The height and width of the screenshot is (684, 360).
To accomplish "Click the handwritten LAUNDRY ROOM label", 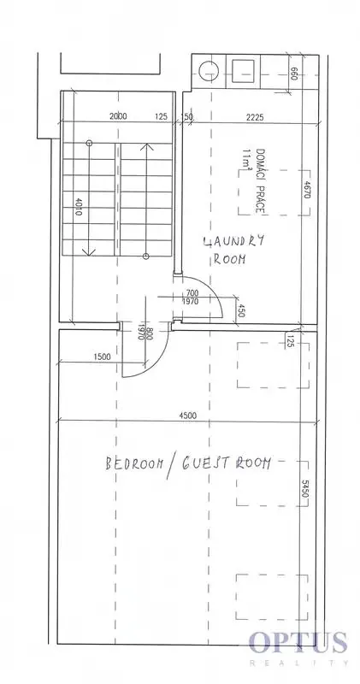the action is [x=233, y=249].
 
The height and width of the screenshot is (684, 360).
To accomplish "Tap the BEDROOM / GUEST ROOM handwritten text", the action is [x=187, y=463].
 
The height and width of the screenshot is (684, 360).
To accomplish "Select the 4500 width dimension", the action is [x=187, y=416].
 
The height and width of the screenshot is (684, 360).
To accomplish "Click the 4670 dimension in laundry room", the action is [x=306, y=190].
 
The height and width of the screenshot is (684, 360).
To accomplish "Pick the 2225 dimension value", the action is [x=255, y=117].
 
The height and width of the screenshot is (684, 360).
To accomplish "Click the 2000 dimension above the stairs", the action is [x=118, y=116].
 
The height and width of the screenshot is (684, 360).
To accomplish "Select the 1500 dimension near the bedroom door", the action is [x=102, y=357].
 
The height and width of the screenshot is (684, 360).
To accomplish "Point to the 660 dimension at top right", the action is [x=293, y=73].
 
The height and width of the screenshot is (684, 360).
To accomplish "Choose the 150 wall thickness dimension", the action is [x=186, y=117].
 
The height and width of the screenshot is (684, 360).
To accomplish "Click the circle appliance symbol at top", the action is [x=208, y=71].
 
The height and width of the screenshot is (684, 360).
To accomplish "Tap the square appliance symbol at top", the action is [x=243, y=70].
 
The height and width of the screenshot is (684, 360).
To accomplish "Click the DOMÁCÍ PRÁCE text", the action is [x=261, y=181].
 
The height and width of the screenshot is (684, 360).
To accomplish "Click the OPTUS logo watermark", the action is [x=298, y=642].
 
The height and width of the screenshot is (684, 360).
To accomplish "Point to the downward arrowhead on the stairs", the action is [x=89, y=251].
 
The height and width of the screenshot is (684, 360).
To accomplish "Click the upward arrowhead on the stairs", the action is [x=146, y=147].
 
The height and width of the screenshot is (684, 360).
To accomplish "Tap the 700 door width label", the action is [x=192, y=293].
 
